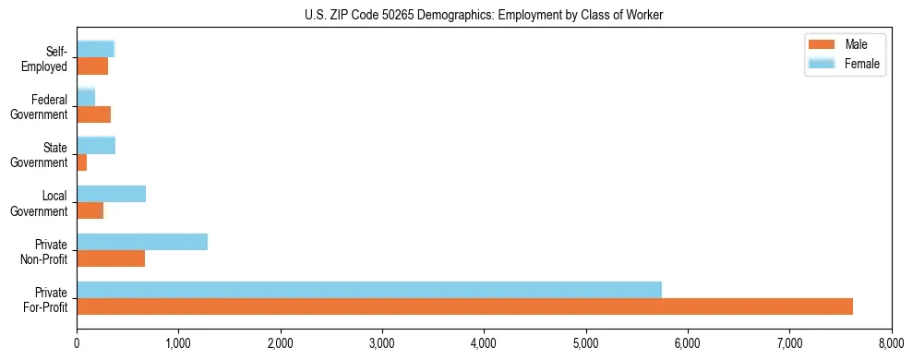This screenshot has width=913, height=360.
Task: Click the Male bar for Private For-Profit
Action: coord(464,306)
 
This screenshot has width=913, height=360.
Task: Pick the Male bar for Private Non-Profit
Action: coord(111,258)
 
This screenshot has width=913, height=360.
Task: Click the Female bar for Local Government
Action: coord(111,194)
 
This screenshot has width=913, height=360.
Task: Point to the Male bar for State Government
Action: coord(82,162)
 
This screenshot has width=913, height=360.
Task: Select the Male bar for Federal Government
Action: coord(93,114)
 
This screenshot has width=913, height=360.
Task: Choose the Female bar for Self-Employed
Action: coord(95,50)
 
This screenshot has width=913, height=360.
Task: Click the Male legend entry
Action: coord(843,44)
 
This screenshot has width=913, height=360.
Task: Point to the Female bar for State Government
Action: coord(96,146)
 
